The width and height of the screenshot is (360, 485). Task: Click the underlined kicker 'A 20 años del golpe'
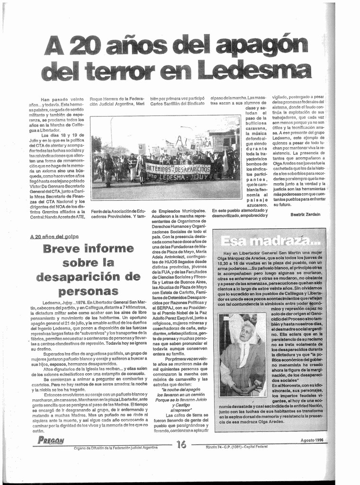point(54,236)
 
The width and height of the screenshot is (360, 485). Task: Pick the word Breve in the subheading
point(65,249)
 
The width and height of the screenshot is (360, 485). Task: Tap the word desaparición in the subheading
point(88,277)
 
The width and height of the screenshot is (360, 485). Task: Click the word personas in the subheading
point(88,290)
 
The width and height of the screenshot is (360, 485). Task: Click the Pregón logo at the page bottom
point(51,440)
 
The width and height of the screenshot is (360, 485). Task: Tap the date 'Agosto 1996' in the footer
point(312,440)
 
